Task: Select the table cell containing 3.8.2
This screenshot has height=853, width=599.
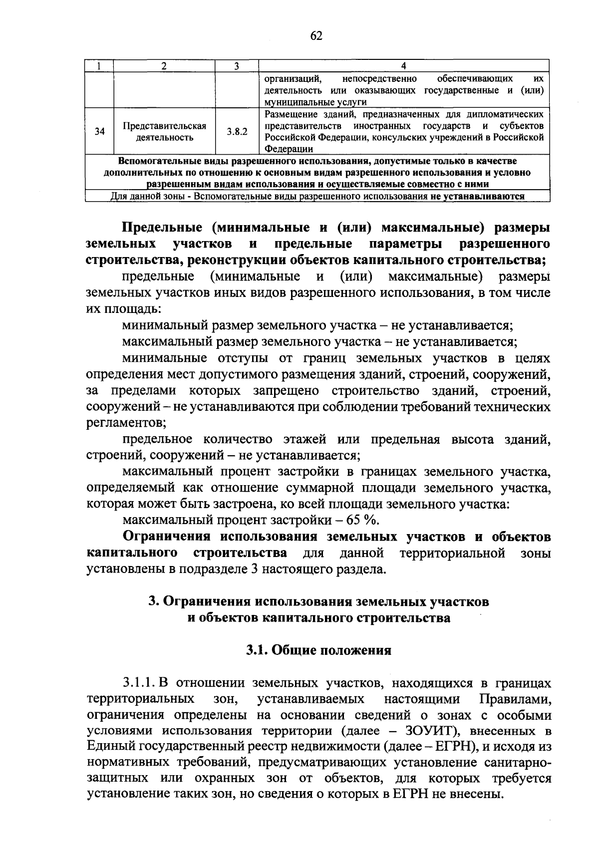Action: [237, 132]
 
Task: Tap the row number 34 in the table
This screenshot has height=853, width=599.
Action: [100, 132]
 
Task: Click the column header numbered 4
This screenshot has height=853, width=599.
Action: [404, 66]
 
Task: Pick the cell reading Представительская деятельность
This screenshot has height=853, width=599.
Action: [165, 132]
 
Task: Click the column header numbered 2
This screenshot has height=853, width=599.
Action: [164, 66]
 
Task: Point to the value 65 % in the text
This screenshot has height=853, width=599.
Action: [362, 521]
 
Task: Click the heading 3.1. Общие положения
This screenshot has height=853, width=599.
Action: [318, 650]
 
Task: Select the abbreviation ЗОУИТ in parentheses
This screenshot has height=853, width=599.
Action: [438, 731]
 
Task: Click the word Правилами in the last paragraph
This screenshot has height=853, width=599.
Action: [515, 699]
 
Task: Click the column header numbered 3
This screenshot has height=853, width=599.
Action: [237, 66]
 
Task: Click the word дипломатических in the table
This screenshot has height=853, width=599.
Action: [509, 114]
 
